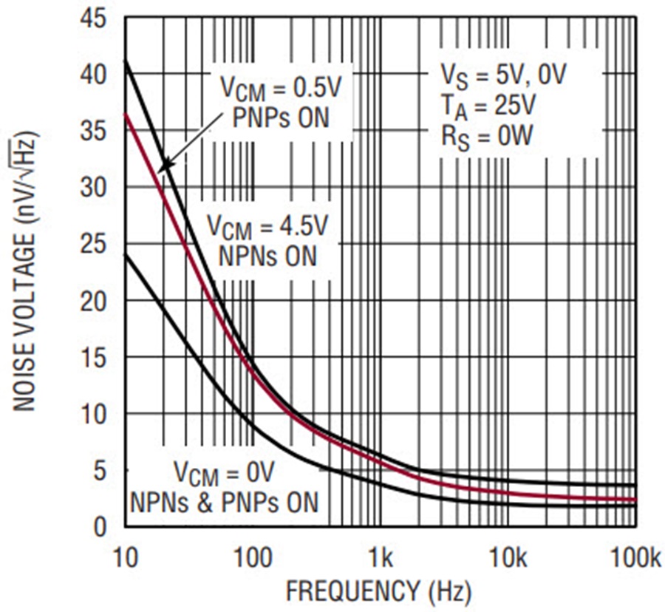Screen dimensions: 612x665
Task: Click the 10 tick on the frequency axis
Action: pos(124,554)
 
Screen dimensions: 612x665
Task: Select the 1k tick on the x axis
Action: pos(380,554)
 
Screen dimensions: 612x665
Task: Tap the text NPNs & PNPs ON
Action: pos(225,503)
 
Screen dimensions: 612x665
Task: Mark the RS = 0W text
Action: pos(483,138)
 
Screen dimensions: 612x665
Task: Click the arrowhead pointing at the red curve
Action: pos(164,166)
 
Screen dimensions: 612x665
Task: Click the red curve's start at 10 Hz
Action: pos(126,114)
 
